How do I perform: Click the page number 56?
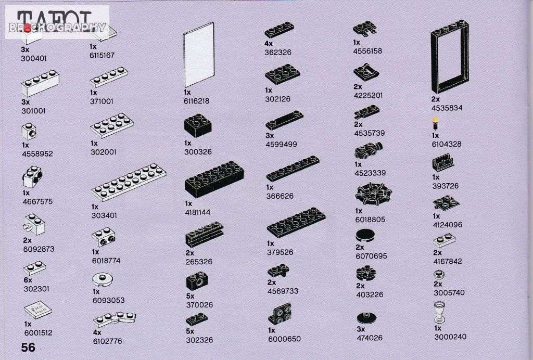tap(28, 348)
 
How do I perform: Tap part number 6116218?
tap(196, 101)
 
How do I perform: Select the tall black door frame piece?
tap(450, 56)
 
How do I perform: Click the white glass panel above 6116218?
tap(199, 55)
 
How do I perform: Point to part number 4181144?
tap(198, 212)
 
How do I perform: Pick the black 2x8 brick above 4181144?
tap(214, 179)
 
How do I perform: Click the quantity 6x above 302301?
tap(28, 280)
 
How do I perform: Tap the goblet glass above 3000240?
tap(439, 312)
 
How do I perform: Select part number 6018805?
tap(370, 220)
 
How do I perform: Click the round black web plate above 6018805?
tap(373, 195)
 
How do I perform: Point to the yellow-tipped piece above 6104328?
tap(435, 124)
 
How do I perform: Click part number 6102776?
tap(107, 341)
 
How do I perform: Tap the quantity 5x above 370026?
tap(191, 296)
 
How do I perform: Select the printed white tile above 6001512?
tap(38, 310)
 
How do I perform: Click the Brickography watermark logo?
tap(57, 22)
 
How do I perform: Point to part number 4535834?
tap(447, 108)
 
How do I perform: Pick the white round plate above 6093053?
tap(103, 279)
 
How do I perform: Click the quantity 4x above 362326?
tap(269, 44)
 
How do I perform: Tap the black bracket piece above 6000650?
tap(280, 314)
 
